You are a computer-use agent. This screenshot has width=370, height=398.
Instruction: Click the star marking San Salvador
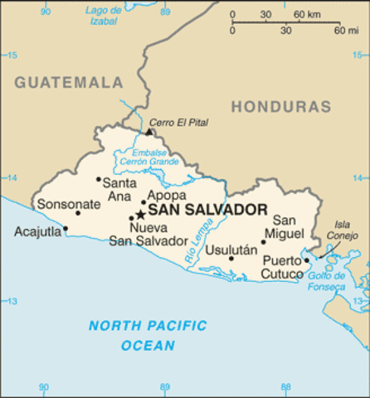[x=140, y=214]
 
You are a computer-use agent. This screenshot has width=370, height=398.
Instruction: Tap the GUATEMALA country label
[x=69, y=83]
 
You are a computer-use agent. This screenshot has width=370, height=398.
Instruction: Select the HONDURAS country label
[x=280, y=106]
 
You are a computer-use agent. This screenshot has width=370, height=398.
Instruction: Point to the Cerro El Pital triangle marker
[x=149, y=131]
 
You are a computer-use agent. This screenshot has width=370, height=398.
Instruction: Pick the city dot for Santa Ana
[x=99, y=178]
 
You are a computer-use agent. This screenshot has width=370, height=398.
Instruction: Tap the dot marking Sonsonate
[x=78, y=213]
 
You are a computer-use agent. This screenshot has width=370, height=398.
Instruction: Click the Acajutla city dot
[x=66, y=229]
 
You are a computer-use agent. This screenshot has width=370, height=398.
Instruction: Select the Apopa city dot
[x=143, y=201]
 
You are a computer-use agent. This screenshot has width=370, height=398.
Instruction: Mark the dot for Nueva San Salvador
[x=131, y=218]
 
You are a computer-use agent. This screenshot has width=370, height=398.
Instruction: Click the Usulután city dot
[x=231, y=258]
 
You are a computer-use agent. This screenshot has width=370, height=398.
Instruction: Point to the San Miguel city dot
[x=264, y=242]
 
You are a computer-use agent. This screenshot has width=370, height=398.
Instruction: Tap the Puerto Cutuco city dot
[x=306, y=260]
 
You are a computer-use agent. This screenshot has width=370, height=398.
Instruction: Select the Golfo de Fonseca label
[x=327, y=282]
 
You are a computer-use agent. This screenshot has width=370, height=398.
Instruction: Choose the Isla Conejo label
[x=343, y=229]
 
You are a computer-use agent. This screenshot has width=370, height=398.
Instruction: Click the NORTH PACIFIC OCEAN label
[x=148, y=335]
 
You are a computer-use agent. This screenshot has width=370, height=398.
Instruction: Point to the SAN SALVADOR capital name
[x=207, y=210]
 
